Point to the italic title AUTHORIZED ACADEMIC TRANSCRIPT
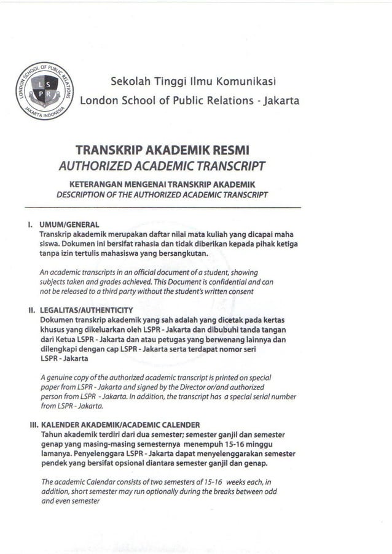pyautogui.click(x=162, y=166)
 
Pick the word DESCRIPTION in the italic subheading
pyautogui.click(x=82, y=194)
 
